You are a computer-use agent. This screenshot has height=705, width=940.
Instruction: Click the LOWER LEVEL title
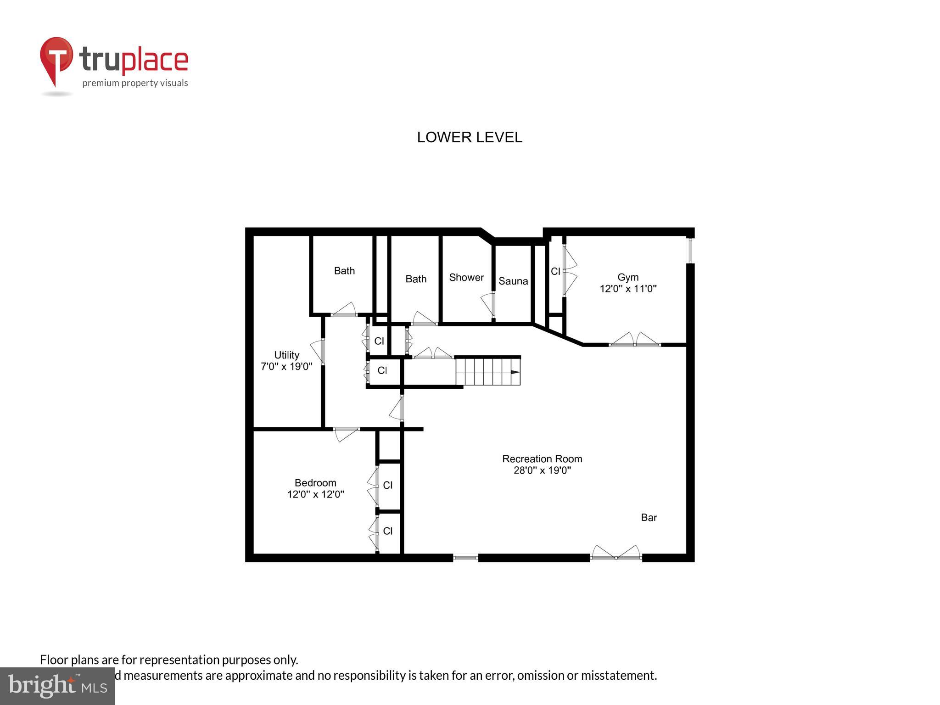pyautogui.click(x=469, y=137)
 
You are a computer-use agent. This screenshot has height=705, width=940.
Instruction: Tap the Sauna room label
pyautogui.click(x=513, y=281)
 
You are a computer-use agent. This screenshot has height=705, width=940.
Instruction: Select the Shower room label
pyautogui.click(x=466, y=277)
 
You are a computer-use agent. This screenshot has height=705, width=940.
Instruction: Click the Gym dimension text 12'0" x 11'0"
pyautogui.click(x=628, y=289)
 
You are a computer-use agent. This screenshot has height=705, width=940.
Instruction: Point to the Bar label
pyautogui.click(x=649, y=517)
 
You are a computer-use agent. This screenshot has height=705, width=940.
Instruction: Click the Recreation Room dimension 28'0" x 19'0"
pyautogui.click(x=542, y=470)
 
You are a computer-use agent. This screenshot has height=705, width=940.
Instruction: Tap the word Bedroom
pyautogui.click(x=315, y=482)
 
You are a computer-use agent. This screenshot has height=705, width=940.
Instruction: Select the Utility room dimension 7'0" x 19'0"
pyautogui.click(x=286, y=366)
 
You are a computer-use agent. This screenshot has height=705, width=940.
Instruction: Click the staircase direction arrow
pyautogui.click(x=515, y=372)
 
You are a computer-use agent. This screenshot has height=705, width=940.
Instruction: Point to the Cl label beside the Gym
pyautogui.click(x=555, y=271)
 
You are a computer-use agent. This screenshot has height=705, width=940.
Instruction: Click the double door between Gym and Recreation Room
pyautogui.click(x=635, y=340)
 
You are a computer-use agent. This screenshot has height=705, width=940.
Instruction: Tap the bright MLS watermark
pyautogui.click(x=57, y=686)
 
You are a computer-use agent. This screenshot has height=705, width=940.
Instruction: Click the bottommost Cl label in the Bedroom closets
pyautogui.click(x=387, y=531)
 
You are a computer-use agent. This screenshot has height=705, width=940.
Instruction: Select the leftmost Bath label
pyautogui.click(x=344, y=271)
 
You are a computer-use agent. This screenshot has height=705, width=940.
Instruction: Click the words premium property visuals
pyautogui.click(x=135, y=83)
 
